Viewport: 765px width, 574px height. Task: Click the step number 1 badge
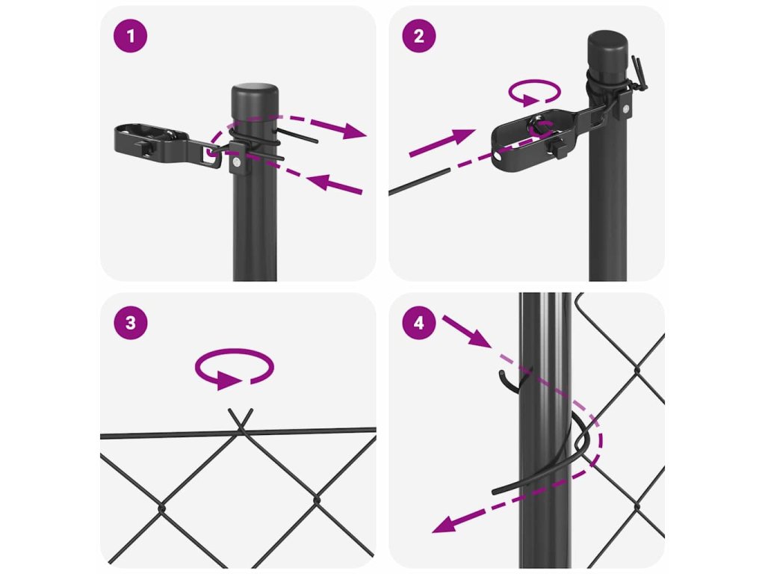[x=130, y=36]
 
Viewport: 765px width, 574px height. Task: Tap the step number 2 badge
[x=419, y=36]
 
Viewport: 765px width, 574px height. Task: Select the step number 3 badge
[x=130, y=323]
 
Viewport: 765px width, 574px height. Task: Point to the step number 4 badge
[x=419, y=323]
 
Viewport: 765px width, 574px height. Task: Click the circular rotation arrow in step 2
[x=535, y=92]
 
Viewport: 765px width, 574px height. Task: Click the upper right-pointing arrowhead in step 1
[x=353, y=131]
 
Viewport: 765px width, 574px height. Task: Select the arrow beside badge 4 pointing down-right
[x=466, y=332]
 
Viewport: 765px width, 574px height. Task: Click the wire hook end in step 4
[x=506, y=380]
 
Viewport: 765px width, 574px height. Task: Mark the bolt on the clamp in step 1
[x=236, y=162]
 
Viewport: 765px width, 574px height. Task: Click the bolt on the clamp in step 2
[x=625, y=108]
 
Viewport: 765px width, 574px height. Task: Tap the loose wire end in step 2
[x=418, y=182]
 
